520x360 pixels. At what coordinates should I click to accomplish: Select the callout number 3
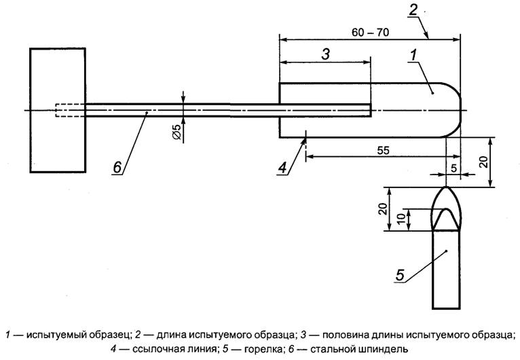click(325, 56)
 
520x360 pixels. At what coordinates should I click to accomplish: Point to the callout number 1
click(413, 52)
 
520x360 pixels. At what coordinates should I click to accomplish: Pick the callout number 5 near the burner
click(400, 275)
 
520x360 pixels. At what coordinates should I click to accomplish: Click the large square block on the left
click(57, 109)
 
